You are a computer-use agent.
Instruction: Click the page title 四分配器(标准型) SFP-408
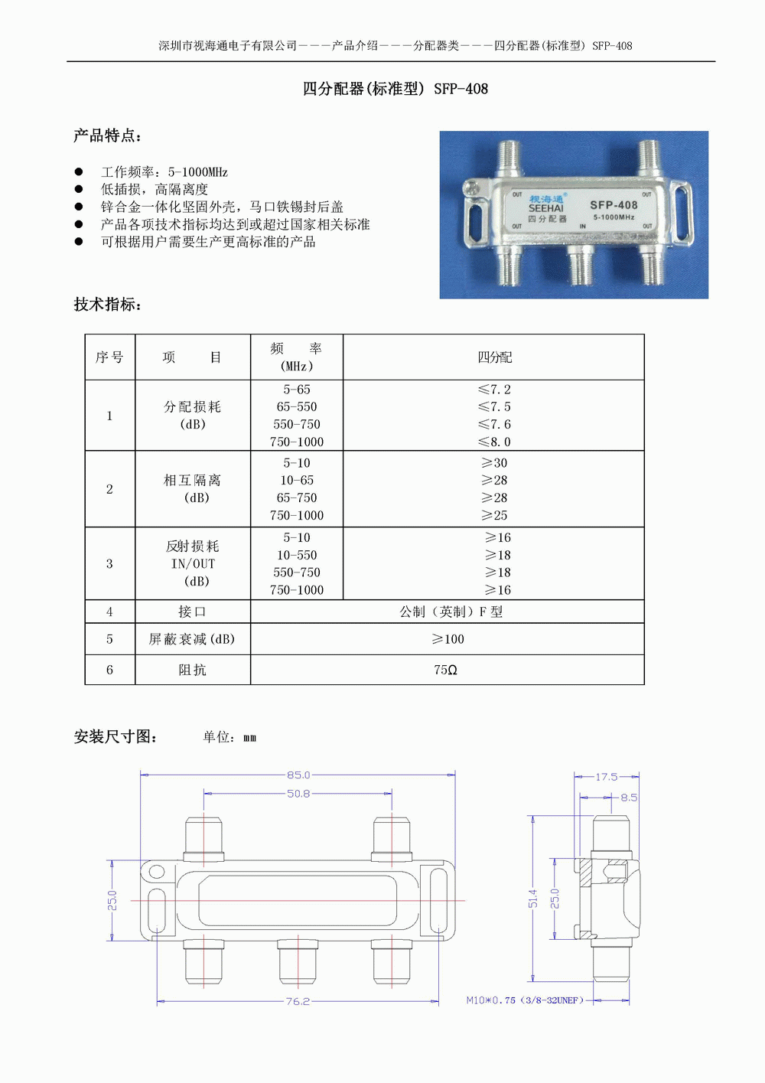pos(395,89)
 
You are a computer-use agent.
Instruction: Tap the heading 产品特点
pos(107,135)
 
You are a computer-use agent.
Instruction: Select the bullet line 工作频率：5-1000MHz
pos(164,172)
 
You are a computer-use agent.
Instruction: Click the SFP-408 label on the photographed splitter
pos(614,205)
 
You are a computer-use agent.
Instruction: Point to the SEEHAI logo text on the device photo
pos(545,208)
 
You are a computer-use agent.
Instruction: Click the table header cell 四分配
pos(494,357)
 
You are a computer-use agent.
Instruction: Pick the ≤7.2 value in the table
pos(494,390)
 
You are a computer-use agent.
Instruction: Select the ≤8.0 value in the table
pos(494,442)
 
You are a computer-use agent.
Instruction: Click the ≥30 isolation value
pos(494,463)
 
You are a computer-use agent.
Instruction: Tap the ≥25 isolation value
pos(494,515)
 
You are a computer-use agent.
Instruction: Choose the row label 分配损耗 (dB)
pos(193,415)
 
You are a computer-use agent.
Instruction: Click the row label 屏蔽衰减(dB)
pos(192,639)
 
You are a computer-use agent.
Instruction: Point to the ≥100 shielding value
pos(448,639)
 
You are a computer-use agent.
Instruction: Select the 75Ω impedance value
pos(445,670)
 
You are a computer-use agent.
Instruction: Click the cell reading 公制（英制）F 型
pos(451,612)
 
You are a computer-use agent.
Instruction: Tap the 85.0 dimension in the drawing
pos(298,775)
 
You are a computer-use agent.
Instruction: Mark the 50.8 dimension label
pos(298,794)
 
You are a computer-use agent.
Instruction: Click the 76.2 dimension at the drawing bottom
pos(298,1001)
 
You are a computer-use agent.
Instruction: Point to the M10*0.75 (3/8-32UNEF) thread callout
pos(525,1000)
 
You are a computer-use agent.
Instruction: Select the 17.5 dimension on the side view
pos(607,777)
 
